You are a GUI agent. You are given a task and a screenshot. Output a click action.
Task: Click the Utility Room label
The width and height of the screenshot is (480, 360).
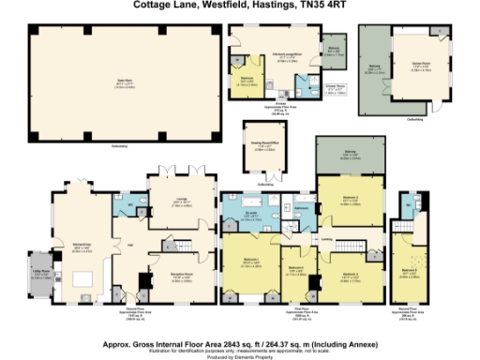tap(42, 276)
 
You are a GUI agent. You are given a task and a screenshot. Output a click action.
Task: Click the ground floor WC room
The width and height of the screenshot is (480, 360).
tap(128, 200)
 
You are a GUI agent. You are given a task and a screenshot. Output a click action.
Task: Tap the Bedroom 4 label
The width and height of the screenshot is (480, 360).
tap(296, 271)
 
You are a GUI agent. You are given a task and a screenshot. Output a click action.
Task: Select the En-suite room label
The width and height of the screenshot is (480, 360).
tap(254, 216)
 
